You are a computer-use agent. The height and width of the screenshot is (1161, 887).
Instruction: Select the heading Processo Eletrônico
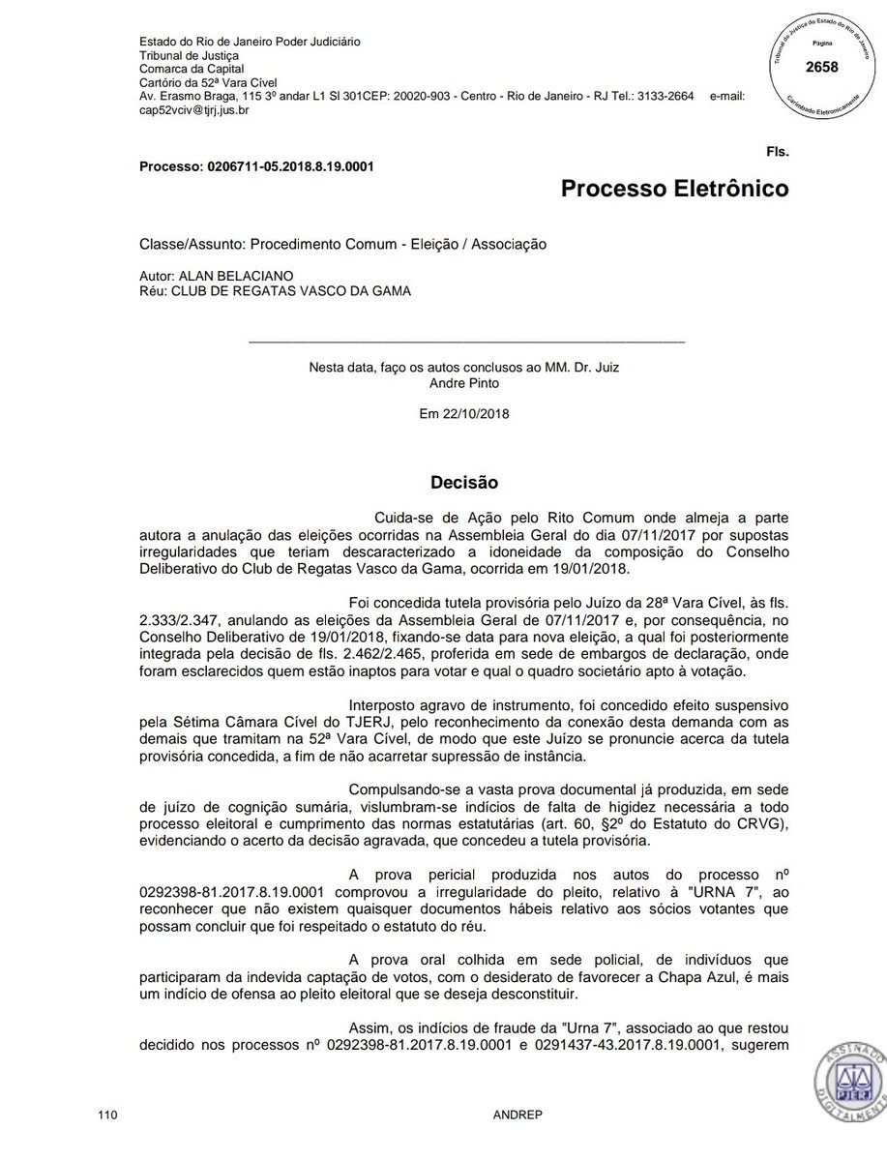click(x=674, y=188)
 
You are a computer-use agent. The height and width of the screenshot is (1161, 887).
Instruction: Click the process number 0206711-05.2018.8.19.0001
click(x=290, y=166)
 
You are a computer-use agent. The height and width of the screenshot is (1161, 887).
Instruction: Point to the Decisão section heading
click(x=463, y=481)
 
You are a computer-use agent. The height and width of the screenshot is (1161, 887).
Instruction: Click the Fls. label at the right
click(x=776, y=153)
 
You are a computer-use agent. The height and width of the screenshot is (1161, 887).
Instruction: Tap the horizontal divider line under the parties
click(x=466, y=342)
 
